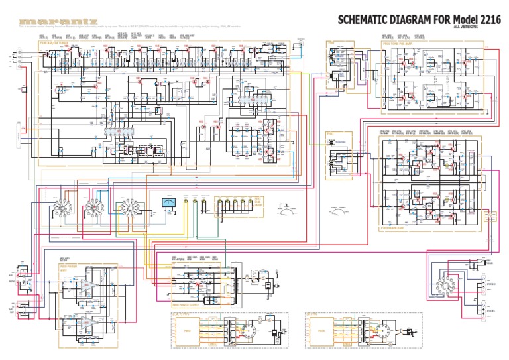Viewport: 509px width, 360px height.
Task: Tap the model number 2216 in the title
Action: point(488,20)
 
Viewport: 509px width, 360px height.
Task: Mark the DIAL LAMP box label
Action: point(258,202)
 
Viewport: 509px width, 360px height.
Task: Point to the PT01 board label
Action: point(331,44)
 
